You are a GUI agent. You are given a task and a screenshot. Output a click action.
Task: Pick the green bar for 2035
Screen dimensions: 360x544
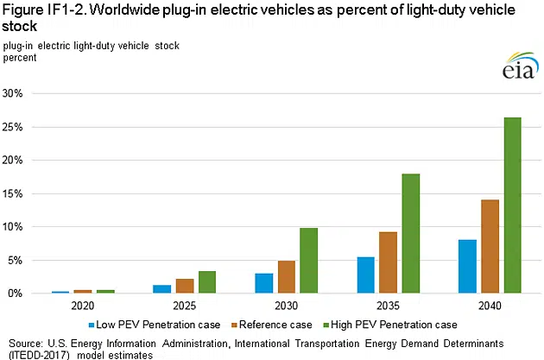pos(410,234)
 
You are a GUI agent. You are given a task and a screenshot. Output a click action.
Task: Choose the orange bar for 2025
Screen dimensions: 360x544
pos(184,286)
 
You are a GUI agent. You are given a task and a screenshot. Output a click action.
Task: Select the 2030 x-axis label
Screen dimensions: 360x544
pos(286,306)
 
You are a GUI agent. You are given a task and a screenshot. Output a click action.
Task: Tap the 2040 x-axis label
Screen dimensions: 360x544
pos(490,306)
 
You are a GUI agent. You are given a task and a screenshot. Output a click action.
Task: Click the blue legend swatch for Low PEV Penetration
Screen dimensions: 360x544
pos(90,325)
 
